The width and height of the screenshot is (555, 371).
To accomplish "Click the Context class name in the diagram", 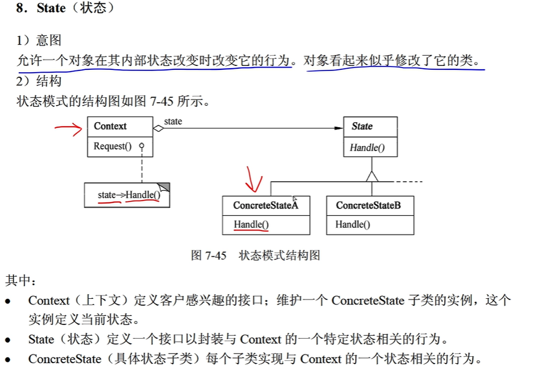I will click(110, 126).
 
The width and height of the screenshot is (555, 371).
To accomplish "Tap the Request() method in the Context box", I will click(112, 146).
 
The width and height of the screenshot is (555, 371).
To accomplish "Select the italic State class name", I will click(362, 126).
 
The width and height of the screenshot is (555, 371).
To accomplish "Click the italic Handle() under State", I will click(367, 148).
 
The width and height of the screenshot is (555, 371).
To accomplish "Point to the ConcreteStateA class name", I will click(266, 206).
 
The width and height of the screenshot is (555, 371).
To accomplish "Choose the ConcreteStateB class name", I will click(368, 206).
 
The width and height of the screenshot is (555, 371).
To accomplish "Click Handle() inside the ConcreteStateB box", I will click(353, 224).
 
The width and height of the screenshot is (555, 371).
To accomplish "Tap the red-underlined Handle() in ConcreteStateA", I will click(251, 224).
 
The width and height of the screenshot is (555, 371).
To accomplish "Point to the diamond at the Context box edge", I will click(158, 128).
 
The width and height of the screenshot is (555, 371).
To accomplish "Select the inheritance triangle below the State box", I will click(372, 176).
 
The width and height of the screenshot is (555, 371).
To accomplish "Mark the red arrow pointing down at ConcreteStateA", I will click(253, 180).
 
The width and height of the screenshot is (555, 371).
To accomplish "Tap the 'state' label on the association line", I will click(173, 122).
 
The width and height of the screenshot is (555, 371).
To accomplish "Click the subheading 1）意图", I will click(39, 40).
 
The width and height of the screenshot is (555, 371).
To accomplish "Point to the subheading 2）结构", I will click(39, 81).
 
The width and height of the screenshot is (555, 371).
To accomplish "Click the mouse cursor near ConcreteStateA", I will click(295, 199).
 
